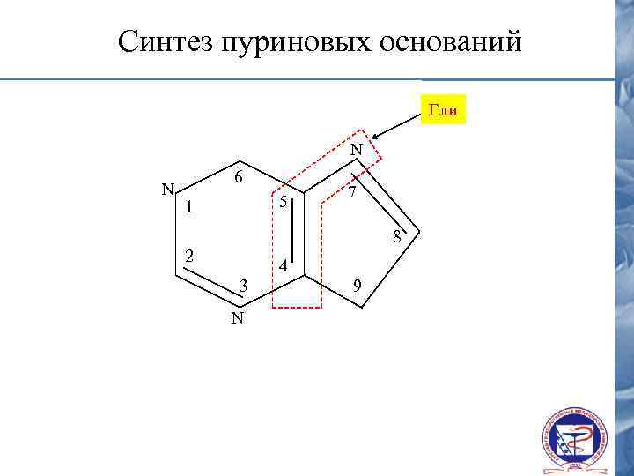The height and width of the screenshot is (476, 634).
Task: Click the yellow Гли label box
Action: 443,109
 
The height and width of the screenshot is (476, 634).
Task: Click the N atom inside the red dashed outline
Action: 355,151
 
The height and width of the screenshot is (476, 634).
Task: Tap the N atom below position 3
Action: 237,317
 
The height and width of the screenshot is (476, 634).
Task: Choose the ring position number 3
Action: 244,286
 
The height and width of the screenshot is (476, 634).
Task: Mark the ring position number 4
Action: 281,266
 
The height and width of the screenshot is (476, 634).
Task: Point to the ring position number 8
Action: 397,236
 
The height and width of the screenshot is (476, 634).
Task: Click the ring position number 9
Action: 355,285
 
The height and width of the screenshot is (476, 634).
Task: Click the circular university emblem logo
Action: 573,439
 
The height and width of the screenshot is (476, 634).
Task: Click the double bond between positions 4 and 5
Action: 299,234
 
